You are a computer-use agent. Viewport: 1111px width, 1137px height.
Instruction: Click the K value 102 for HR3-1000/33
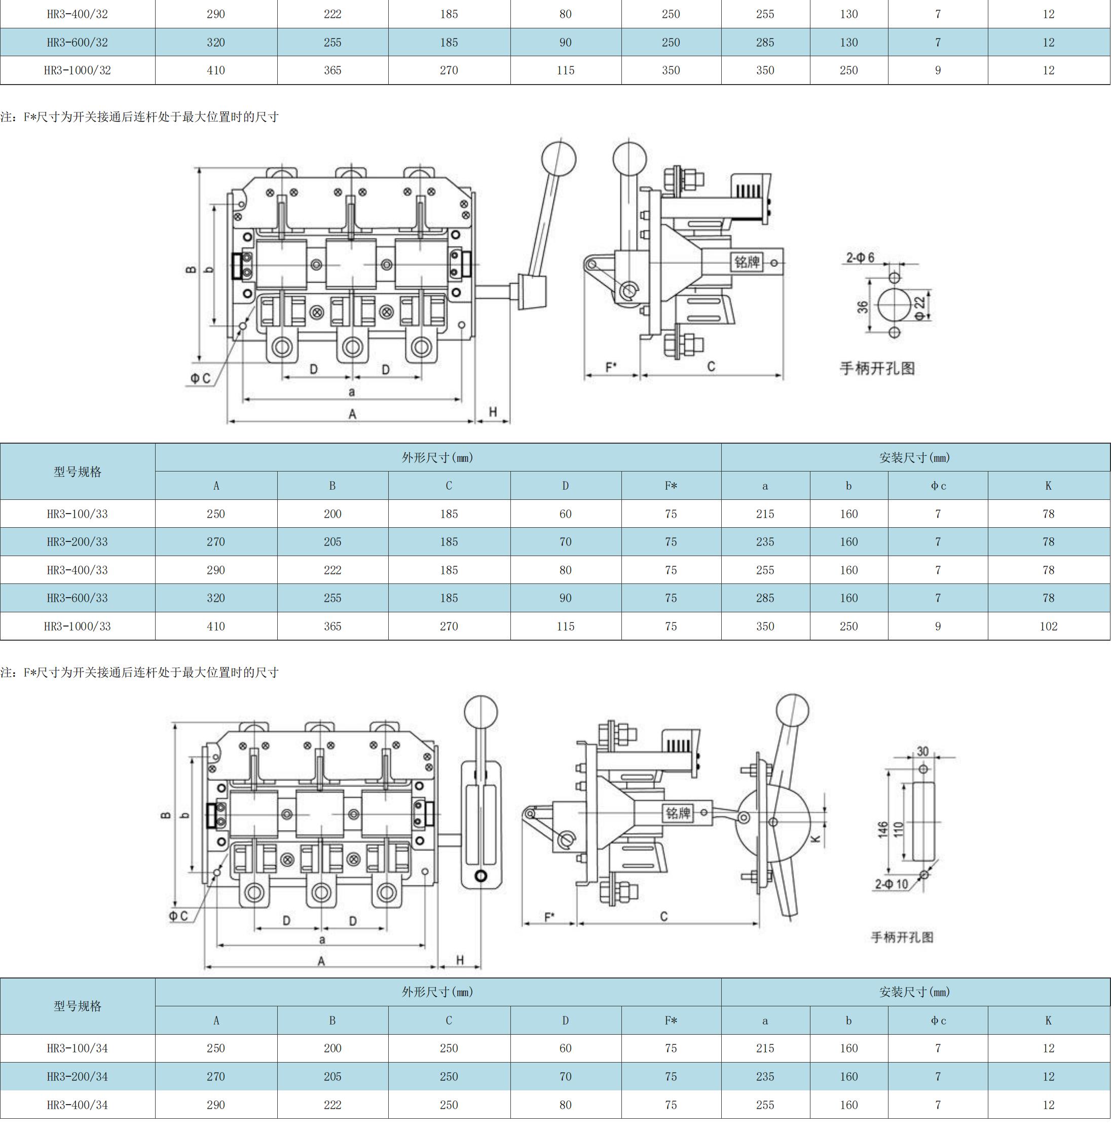(x=1048, y=626)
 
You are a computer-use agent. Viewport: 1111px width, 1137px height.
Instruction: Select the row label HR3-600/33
(x=77, y=598)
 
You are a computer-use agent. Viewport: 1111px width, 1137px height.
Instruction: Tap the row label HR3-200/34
(x=77, y=1076)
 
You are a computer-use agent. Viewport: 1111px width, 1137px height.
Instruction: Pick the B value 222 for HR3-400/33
(x=332, y=570)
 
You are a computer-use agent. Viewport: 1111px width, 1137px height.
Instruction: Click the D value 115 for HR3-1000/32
(x=565, y=70)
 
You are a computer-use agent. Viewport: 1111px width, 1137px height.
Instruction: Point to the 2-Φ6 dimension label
(x=860, y=257)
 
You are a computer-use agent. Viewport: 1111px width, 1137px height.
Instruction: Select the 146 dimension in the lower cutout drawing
(x=882, y=829)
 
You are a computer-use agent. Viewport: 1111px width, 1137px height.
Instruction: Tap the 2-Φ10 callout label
(x=891, y=884)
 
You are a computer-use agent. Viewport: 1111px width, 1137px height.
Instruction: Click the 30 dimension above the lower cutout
(x=922, y=751)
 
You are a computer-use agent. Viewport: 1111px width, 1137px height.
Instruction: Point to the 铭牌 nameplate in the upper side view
(x=748, y=262)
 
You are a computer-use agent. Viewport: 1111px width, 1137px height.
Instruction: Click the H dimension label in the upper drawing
(x=493, y=412)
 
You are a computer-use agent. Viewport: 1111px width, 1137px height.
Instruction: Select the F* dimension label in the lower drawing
(x=549, y=917)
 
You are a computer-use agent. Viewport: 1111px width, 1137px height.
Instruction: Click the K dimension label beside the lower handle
(x=816, y=839)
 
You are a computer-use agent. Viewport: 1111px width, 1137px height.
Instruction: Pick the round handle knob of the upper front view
(x=559, y=158)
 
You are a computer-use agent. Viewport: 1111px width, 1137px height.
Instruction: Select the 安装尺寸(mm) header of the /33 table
(x=914, y=458)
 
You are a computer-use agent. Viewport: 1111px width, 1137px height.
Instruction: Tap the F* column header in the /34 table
(x=671, y=1021)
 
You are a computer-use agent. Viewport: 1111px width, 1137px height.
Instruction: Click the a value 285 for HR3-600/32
(x=764, y=42)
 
